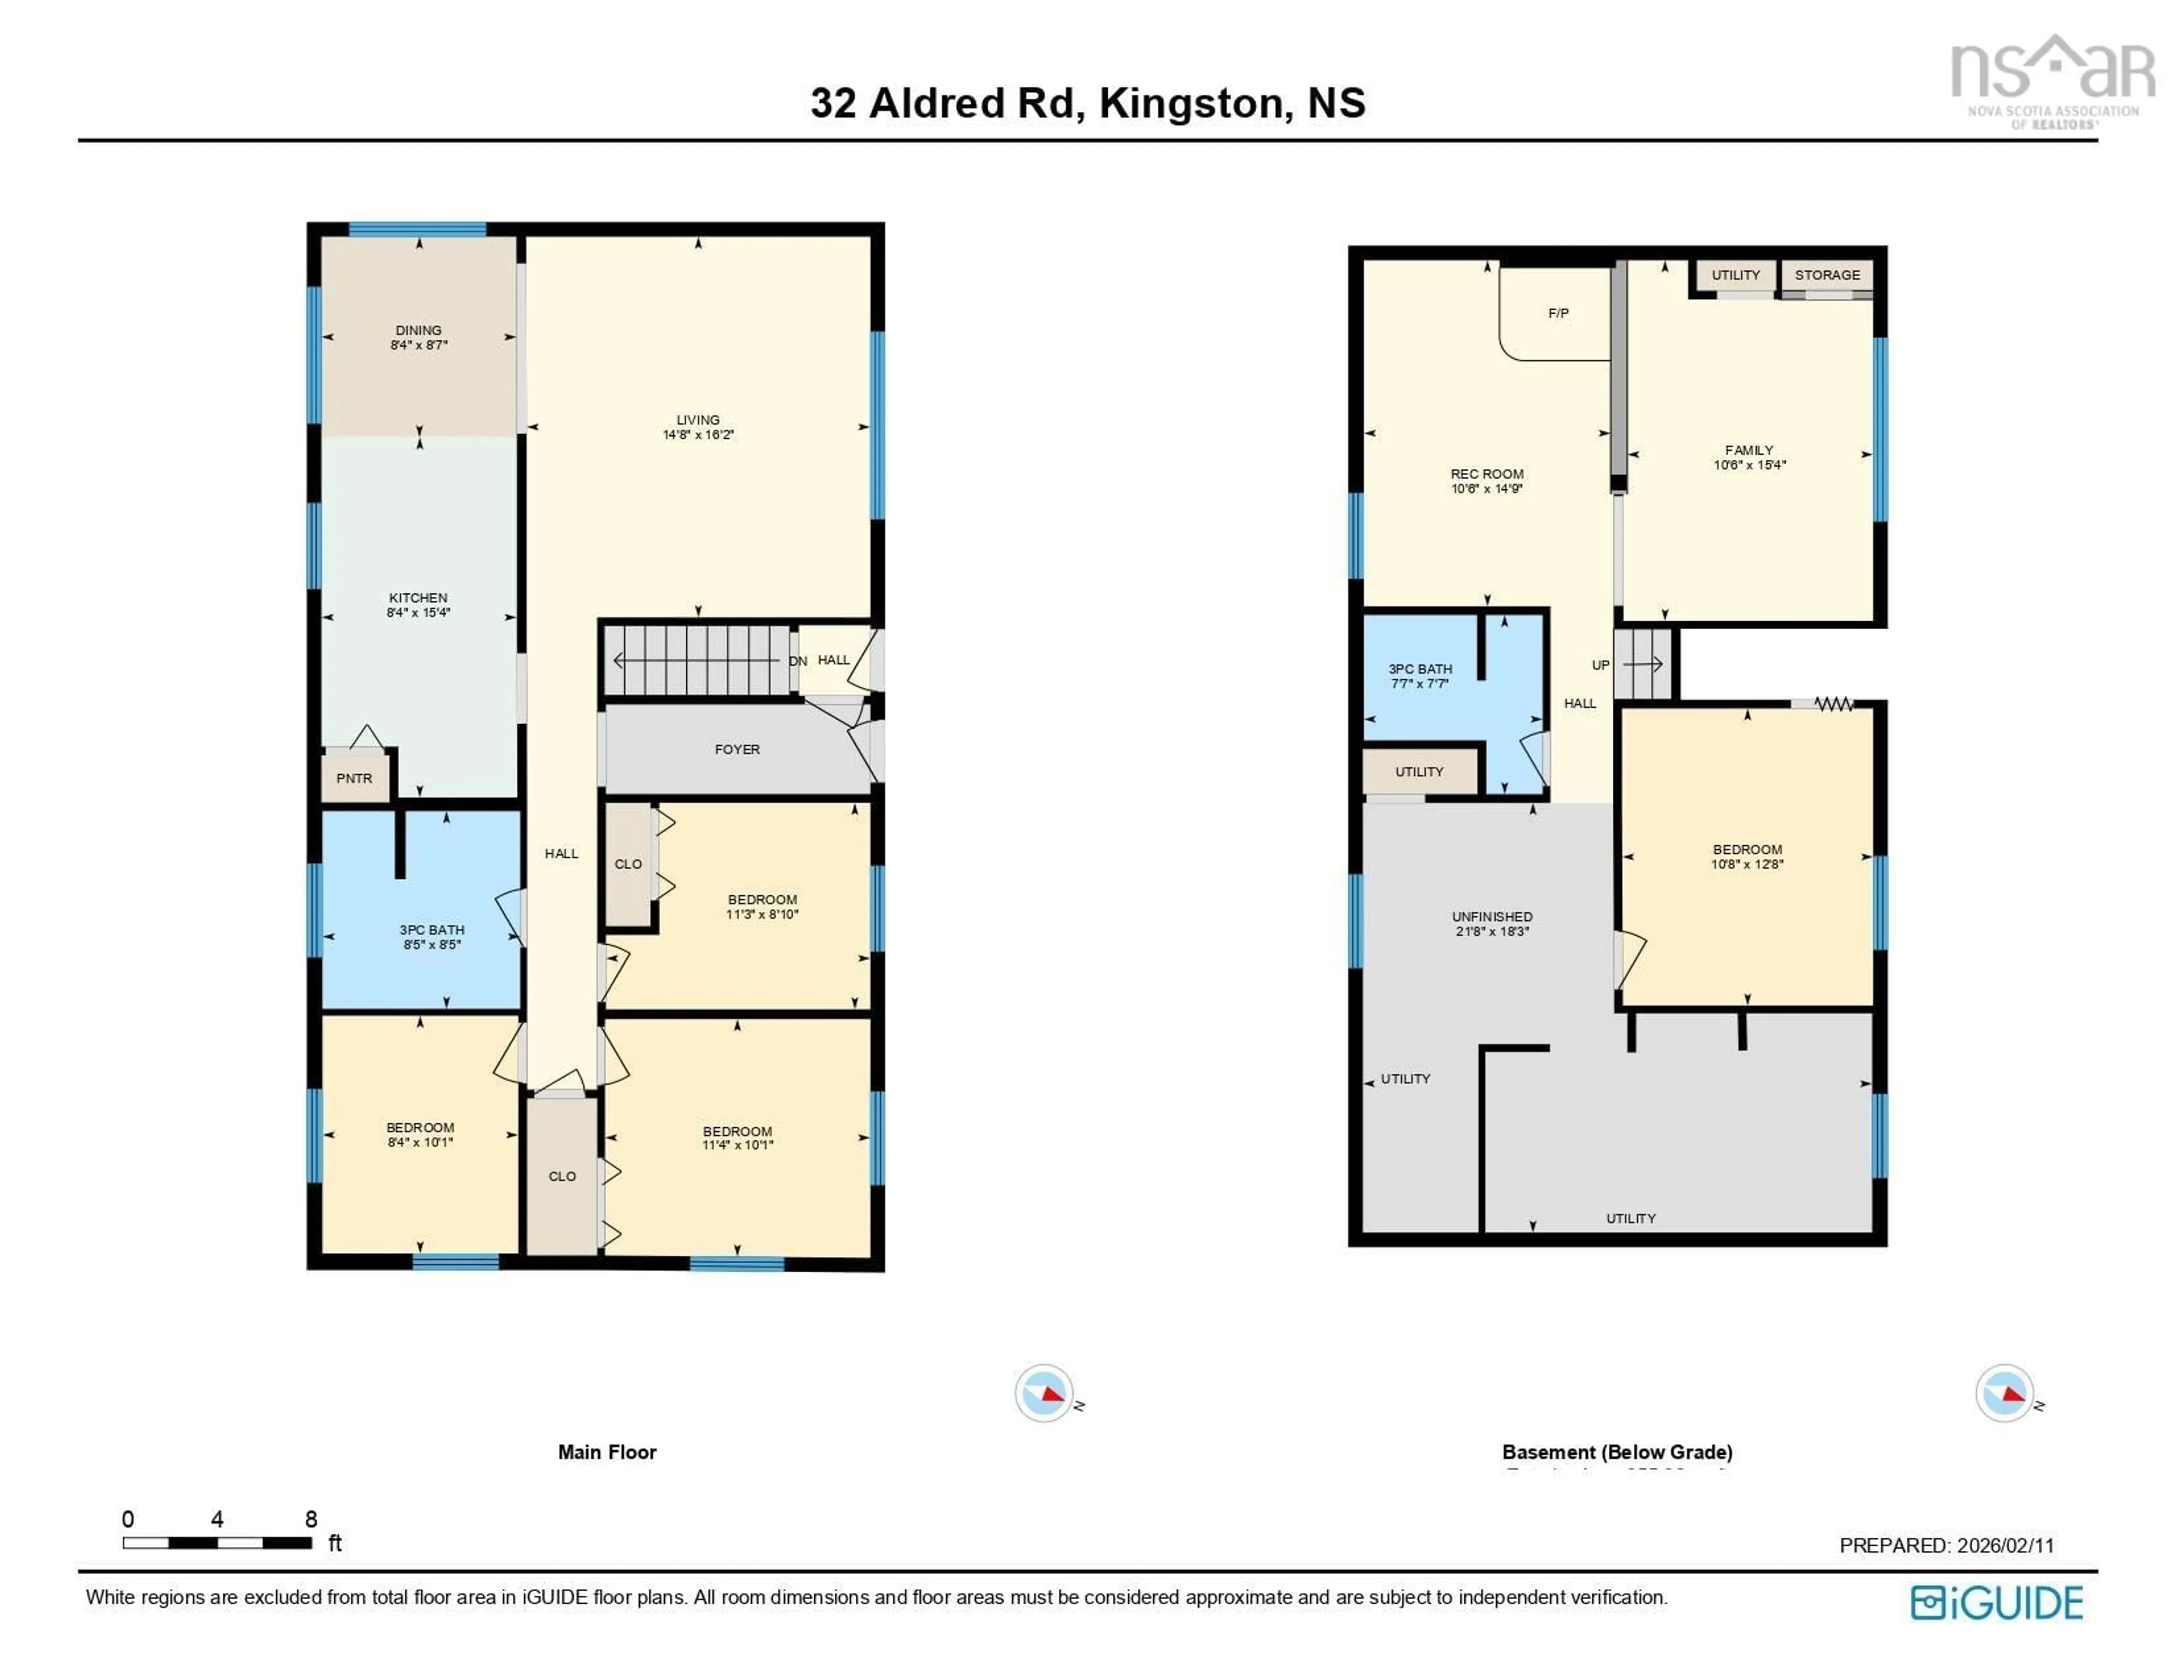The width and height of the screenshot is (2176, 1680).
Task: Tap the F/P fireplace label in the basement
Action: click(x=1558, y=313)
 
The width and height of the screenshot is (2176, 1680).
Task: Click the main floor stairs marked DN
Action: click(x=698, y=660)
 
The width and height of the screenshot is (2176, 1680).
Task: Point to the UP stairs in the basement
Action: click(x=1642, y=664)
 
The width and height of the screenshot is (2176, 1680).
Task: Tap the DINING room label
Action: click(x=418, y=330)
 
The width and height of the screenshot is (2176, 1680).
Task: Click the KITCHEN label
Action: click(x=418, y=597)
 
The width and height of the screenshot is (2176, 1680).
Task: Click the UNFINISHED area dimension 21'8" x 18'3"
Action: click(x=1491, y=931)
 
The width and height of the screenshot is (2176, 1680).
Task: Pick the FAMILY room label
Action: click(x=1749, y=450)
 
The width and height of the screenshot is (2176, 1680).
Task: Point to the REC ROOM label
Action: click(x=1486, y=474)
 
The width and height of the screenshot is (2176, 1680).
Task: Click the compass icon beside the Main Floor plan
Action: click(x=1043, y=1393)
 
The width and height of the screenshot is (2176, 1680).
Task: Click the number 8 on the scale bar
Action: click(x=311, y=1519)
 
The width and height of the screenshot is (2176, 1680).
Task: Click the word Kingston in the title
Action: click(x=1191, y=104)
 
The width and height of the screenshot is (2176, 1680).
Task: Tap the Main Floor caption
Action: click(x=607, y=1452)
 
